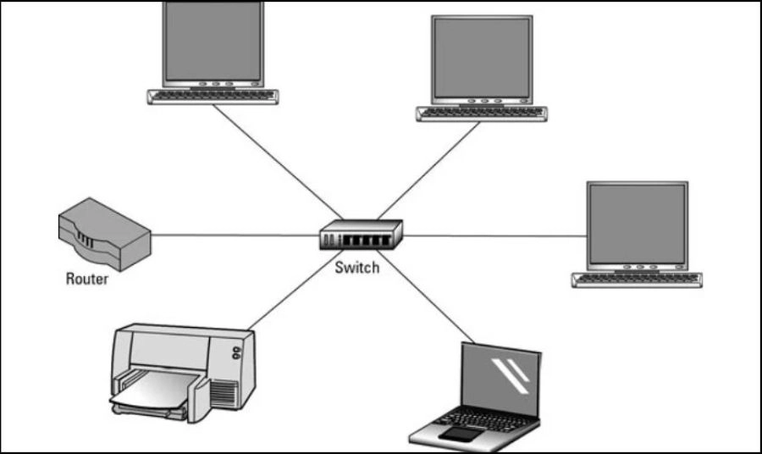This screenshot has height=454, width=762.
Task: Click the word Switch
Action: pyautogui.click(x=356, y=269)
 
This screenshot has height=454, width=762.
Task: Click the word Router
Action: pyautogui.click(x=87, y=279)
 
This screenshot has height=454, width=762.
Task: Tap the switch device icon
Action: pyautogui.click(x=361, y=235)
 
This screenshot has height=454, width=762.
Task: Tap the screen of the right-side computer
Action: pyautogui.click(x=637, y=223)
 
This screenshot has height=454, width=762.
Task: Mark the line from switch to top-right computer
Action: pyautogui.click(x=428, y=169)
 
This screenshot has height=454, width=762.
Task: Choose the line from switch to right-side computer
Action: pyautogui.click(x=491, y=235)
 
